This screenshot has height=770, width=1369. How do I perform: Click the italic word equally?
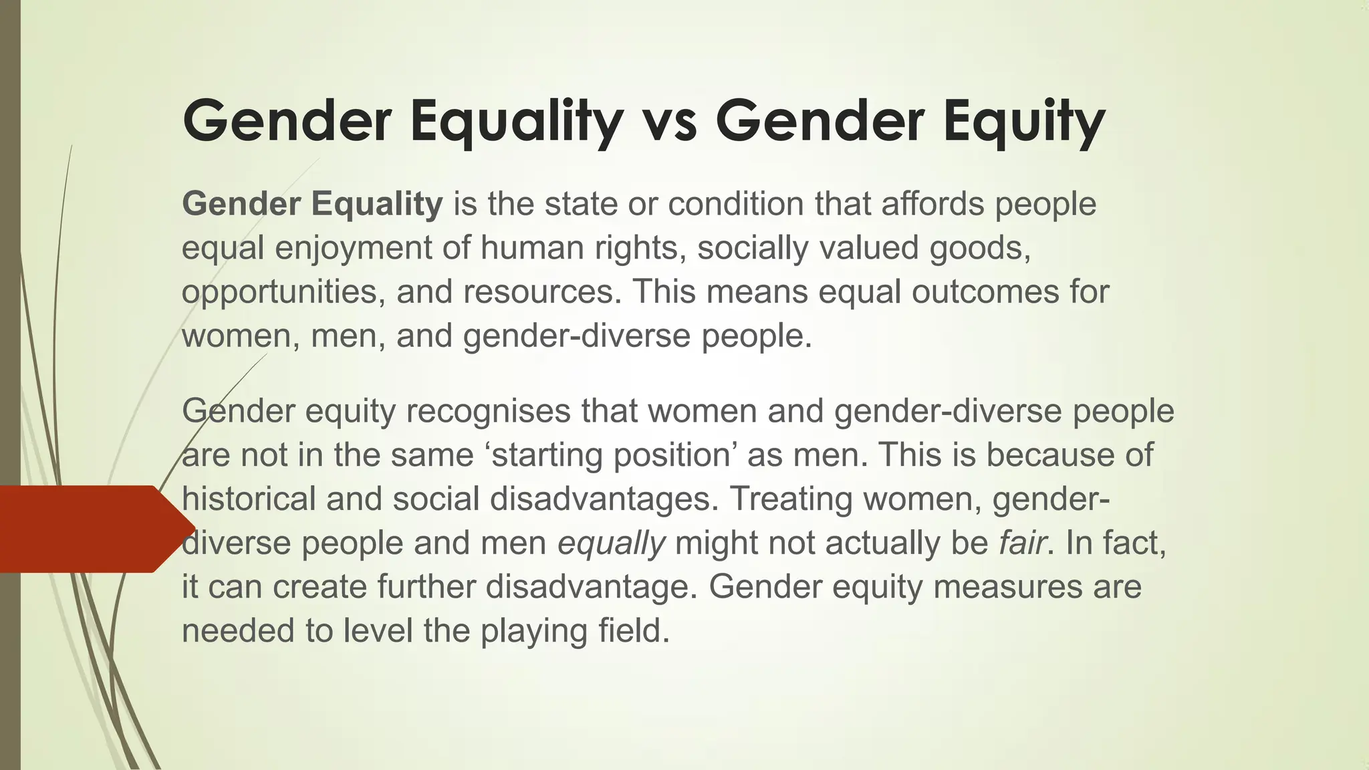tap(612, 543)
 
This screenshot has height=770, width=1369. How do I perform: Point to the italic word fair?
tap(1022, 543)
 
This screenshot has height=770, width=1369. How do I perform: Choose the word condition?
tap(736, 204)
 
